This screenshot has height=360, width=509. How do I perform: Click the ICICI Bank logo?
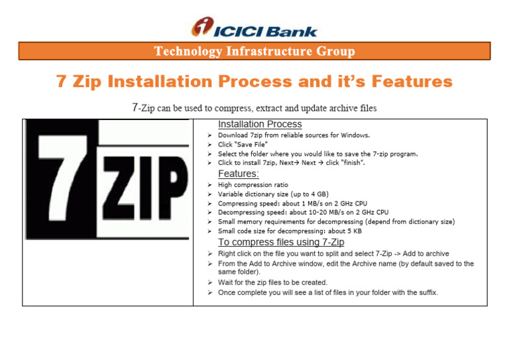254,27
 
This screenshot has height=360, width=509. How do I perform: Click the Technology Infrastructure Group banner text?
254,51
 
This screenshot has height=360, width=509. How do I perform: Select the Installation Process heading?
260,124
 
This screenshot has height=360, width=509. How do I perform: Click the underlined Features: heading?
239,173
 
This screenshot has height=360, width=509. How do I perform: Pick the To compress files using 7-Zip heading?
281,242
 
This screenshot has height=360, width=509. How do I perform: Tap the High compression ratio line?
253,185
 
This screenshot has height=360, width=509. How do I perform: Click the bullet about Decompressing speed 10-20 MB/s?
303,213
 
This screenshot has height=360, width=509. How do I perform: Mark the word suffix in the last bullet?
424,292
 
